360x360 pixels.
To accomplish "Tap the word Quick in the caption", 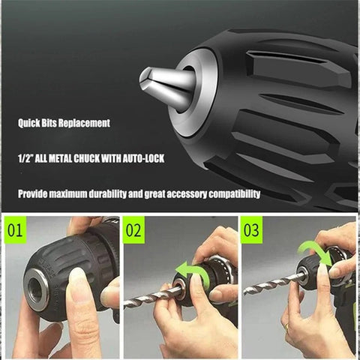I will (x=33, y=122).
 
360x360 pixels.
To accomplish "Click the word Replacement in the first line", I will (x=89, y=122).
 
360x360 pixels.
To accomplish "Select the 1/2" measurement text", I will (x=27, y=158).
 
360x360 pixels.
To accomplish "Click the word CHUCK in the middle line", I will (x=112, y=158).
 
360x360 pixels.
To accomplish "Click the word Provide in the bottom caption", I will (x=36, y=193).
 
